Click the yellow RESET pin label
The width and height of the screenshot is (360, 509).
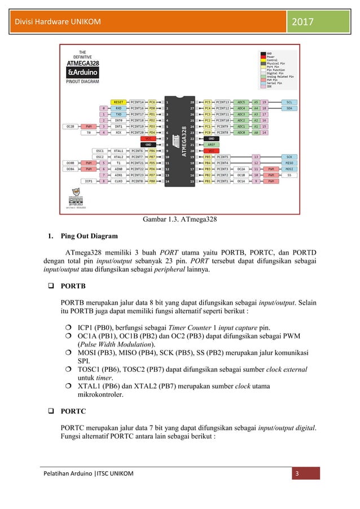tap(118, 102)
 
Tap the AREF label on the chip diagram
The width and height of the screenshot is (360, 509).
tap(211, 144)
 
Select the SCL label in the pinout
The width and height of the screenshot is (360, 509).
tap(289, 102)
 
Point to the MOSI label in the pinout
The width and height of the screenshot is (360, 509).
tap(289, 169)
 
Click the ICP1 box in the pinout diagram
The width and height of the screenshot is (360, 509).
tap(89, 181)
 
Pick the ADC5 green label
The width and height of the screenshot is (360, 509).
tap(241, 102)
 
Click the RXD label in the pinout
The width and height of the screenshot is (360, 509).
tap(118, 108)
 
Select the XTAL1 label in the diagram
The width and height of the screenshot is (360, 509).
tap(118, 151)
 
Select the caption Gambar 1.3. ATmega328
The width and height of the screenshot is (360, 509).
tap(179, 219)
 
